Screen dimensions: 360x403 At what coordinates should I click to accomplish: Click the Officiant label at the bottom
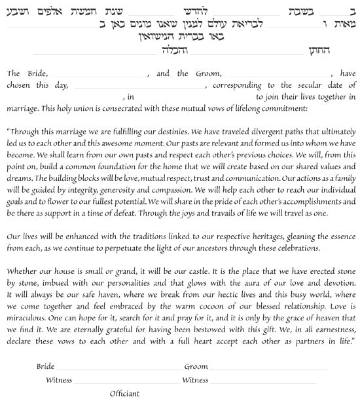pyautogui.click(x=124, y=394)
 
